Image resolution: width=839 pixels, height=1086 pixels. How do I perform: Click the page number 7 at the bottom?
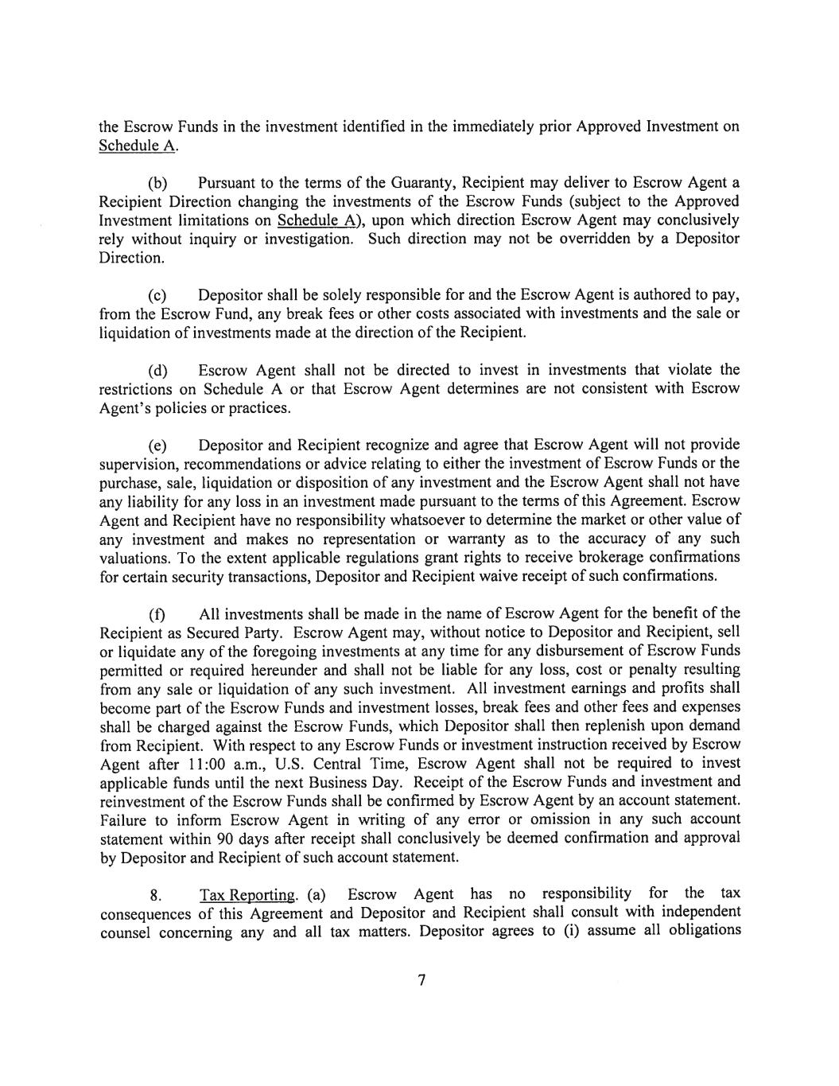tap(422, 980)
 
